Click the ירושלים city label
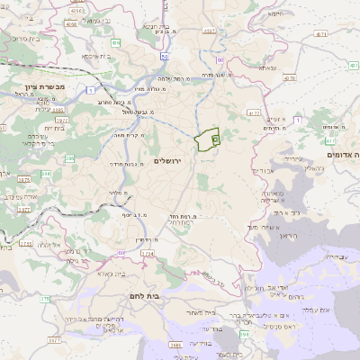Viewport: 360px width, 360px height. pos(168,160)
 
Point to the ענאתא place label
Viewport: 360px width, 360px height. pos(268,68)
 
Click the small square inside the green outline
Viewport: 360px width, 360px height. pos(215,139)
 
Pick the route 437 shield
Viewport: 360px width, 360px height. pos(322,35)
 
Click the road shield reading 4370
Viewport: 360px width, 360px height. pos(290,78)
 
